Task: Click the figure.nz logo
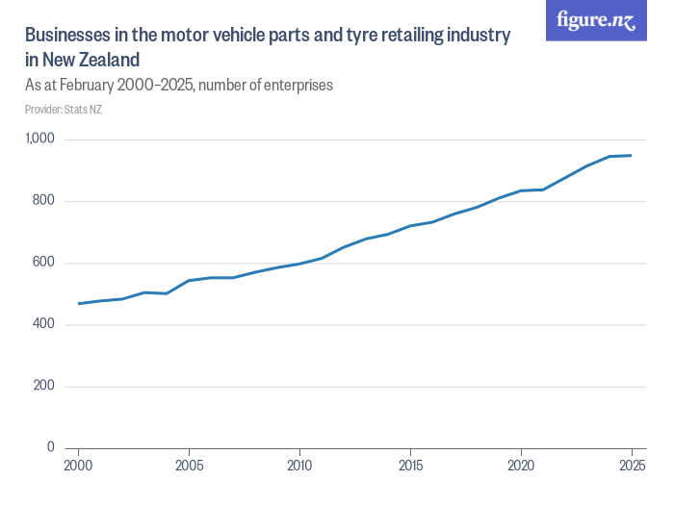click(x=596, y=21)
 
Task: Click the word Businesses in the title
click(x=65, y=36)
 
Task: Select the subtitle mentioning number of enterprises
click(x=179, y=85)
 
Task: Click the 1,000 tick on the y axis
click(x=39, y=139)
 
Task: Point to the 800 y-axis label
click(x=44, y=201)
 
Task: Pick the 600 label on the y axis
click(x=44, y=263)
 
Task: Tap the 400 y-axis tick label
click(x=44, y=324)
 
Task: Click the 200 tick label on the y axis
click(x=44, y=386)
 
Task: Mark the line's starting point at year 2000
click(x=78, y=304)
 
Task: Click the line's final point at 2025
click(x=632, y=155)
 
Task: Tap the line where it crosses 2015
click(x=410, y=226)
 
